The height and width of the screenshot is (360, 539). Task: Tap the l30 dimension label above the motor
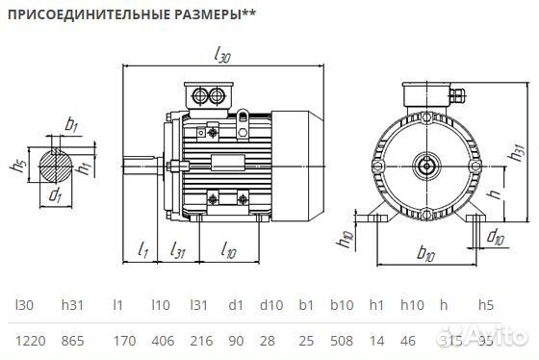click(223, 58)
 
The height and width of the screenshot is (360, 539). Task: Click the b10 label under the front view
click(423, 253)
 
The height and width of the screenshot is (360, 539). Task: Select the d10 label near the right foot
click(495, 235)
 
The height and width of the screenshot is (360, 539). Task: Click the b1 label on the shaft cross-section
click(71, 124)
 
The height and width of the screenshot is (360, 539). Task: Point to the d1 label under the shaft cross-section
click(57, 196)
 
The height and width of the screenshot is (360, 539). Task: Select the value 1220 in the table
click(29, 339)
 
